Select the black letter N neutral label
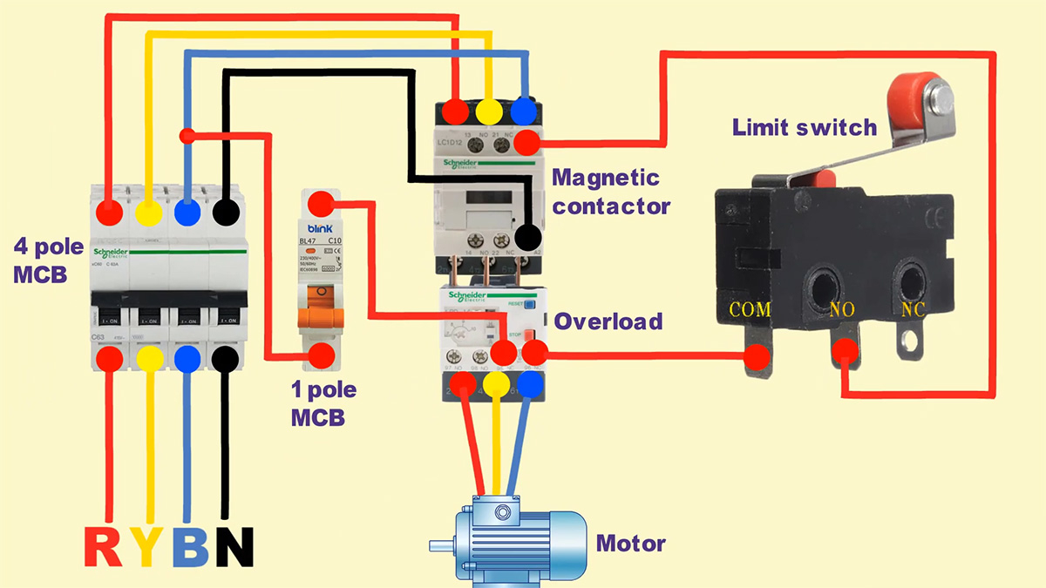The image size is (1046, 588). tap(234, 546)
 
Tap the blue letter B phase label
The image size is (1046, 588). tap(189, 546)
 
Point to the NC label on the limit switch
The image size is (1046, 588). tap(912, 309)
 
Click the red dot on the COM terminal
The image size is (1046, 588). tap(757, 355)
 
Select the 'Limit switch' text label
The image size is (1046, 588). tap(804, 128)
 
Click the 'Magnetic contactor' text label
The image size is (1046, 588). tap(611, 192)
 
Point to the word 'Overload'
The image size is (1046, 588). tap(608, 321)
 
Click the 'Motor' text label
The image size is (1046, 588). tap(630, 544)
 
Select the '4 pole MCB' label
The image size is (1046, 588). tap(48, 260)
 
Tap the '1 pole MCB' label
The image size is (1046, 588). tap(323, 403)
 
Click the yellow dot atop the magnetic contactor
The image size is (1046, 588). tap(489, 111)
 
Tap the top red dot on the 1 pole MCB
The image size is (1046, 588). tap(322, 204)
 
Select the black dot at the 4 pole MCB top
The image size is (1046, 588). tap(227, 212)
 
